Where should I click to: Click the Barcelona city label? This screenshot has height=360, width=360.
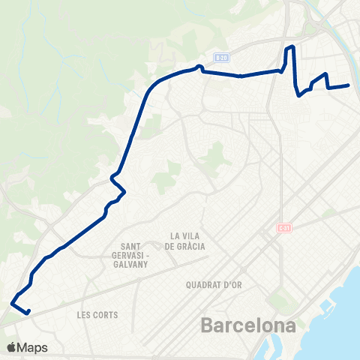[x=247, y=326]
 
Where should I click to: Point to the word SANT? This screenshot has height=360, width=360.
[x=132, y=245]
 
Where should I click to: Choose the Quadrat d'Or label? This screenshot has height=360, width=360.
[x=212, y=285]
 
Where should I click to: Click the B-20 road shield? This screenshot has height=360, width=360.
[x=220, y=57]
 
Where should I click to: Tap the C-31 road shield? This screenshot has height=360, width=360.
[x=283, y=228]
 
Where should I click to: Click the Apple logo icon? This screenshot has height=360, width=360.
[x=11, y=347]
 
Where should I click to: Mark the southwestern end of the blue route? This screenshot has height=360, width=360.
[x=28, y=312]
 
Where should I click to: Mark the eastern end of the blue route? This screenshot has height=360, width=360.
[x=349, y=85]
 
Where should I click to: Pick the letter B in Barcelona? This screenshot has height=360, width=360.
[x=208, y=326]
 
